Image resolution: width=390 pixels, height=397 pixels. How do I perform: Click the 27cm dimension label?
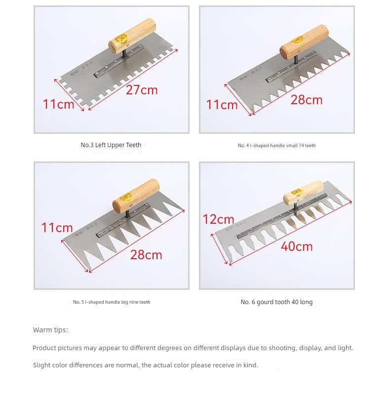[142, 90]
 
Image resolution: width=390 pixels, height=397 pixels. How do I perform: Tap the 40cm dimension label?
[297, 246]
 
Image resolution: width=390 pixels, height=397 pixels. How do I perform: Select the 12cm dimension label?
[218, 219]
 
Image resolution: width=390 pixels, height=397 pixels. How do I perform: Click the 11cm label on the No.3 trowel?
[58, 104]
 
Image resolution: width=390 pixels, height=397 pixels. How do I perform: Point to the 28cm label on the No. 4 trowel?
[306, 100]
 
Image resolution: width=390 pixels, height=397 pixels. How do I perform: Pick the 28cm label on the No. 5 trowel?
[146, 255]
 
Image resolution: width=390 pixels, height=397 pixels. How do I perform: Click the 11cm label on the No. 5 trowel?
[57, 228]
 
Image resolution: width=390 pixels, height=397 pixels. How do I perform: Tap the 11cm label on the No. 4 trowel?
[222, 105]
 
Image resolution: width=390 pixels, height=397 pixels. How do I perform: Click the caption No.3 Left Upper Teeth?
[111, 145]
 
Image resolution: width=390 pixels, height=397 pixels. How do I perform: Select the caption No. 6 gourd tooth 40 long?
[276, 302]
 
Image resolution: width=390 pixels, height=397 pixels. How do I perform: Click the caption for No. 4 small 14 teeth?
[276, 146]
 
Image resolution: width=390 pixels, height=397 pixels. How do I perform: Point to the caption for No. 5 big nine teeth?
[112, 302]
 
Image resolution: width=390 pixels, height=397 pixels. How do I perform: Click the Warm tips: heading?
[50, 330]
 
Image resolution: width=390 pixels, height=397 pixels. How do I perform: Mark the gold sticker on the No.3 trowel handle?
[121, 39]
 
